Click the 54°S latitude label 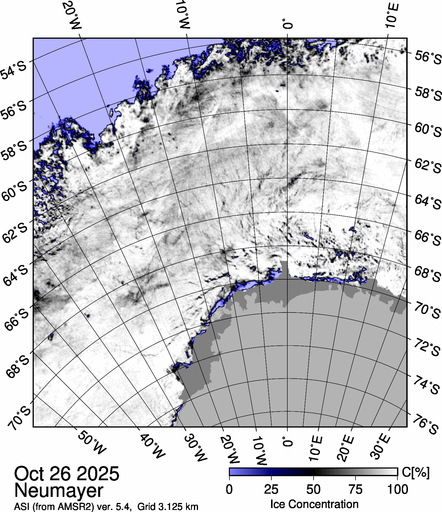point(14,70)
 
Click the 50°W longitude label point(91,446)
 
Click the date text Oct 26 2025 point(67,474)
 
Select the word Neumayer point(59,490)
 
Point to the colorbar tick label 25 point(271,490)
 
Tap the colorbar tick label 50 point(313,490)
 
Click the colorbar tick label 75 point(355,490)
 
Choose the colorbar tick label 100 point(398,490)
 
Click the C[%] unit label point(416,472)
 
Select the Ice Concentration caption point(314,504)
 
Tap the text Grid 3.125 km point(168,507)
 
